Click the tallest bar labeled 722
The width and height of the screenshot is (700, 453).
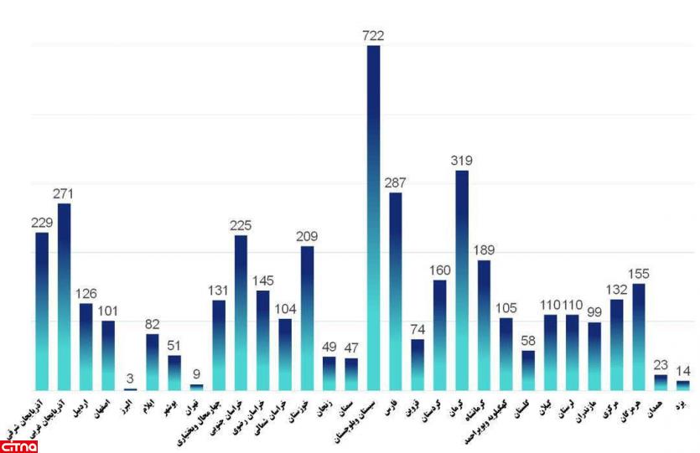(x=373, y=218)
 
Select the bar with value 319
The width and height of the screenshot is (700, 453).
(x=462, y=281)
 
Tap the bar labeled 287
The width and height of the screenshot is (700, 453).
(x=396, y=291)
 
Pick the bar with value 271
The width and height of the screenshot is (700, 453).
(x=64, y=297)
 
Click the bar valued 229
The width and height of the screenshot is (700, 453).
(x=42, y=311)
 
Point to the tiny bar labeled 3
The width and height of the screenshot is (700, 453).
(x=130, y=389)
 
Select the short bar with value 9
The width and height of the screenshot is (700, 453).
(x=196, y=387)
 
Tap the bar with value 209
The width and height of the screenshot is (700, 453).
(x=307, y=318)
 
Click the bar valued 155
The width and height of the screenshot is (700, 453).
(x=639, y=337)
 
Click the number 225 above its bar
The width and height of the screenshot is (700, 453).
(x=241, y=225)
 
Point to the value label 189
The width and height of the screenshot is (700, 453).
(x=484, y=250)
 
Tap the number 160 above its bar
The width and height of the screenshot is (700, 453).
(x=439, y=270)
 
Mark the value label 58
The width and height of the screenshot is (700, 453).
(x=528, y=341)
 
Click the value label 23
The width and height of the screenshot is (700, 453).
(x=661, y=365)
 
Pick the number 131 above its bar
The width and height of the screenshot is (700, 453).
(x=219, y=291)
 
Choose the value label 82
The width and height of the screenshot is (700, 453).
(x=153, y=324)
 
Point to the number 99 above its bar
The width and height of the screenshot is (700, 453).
(x=594, y=312)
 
